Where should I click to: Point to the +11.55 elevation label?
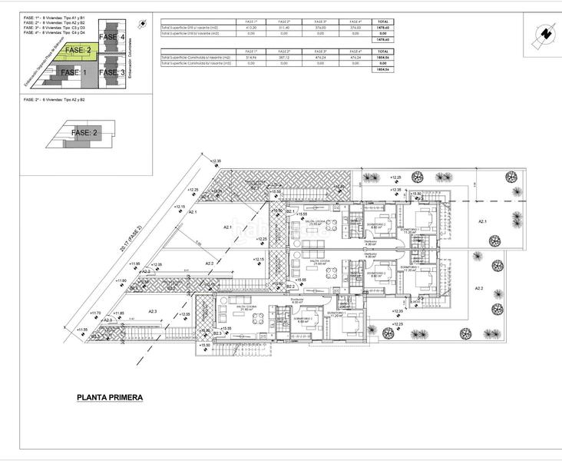pyautogui.click(x=81, y=330)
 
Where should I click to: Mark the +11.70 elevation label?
pyautogui.click(x=95, y=313)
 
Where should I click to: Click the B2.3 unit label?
pyautogui.click(x=217, y=333)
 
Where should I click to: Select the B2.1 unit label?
pyautogui.click(x=291, y=211)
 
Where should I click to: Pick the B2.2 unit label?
pyautogui.click(x=291, y=286)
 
